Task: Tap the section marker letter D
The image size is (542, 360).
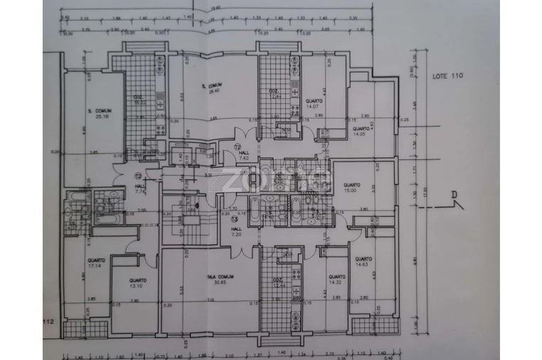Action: (454, 195)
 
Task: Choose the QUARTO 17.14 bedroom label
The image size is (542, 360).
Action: (97, 263)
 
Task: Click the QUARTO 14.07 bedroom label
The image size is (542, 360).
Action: (314, 105)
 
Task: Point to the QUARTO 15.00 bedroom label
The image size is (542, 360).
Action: (351, 187)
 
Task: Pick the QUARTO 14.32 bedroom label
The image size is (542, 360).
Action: (336, 280)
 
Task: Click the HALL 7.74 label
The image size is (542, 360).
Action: (140, 189)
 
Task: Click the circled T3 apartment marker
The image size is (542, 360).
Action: (234, 219)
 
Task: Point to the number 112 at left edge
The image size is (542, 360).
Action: (49, 322)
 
